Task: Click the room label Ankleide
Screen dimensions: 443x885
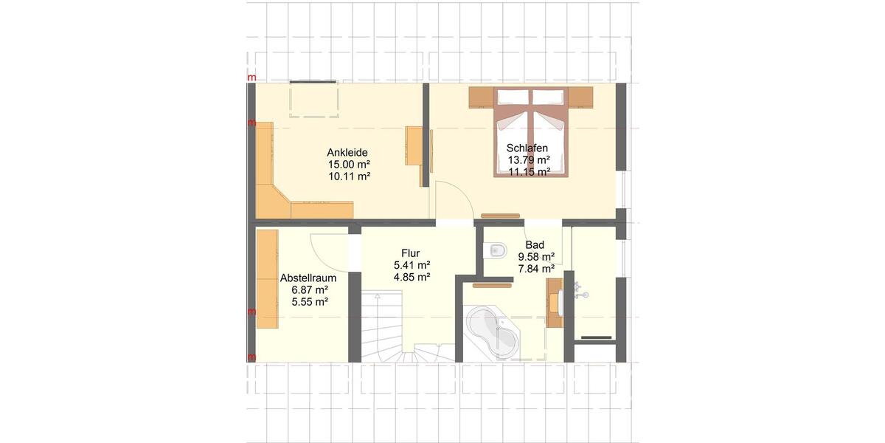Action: pyautogui.click(x=348, y=152)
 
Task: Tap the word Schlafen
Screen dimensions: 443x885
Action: pyautogui.click(x=527, y=148)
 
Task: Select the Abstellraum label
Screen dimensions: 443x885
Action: pyautogui.click(x=308, y=278)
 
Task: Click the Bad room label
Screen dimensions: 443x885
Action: pyautogui.click(x=534, y=245)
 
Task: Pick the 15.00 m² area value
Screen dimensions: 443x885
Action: pyautogui.click(x=348, y=165)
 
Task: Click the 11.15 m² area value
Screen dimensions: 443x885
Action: pyautogui.click(x=529, y=171)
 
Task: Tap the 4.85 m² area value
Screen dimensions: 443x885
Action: pyautogui.click(x=412, y=277)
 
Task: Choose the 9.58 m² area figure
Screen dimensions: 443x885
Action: pyautogui.click(x=536, y=257)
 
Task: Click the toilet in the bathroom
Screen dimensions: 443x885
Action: pyautogui.click(x=495, y=251)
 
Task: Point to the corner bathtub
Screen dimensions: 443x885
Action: pyautogui.click(x=493, y=332)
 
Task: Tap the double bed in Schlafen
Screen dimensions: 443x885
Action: pyautogui.click(x=532, y=133)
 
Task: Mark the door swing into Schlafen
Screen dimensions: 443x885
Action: pyautogui.click(x=451, y=199)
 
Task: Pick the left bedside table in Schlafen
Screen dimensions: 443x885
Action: pyautogui.click(x=481, y=97)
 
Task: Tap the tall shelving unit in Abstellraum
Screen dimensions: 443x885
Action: pyautogui.click(x=267, y=279)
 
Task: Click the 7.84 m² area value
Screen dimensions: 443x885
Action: pyautogui.click(x=536, y=269)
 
